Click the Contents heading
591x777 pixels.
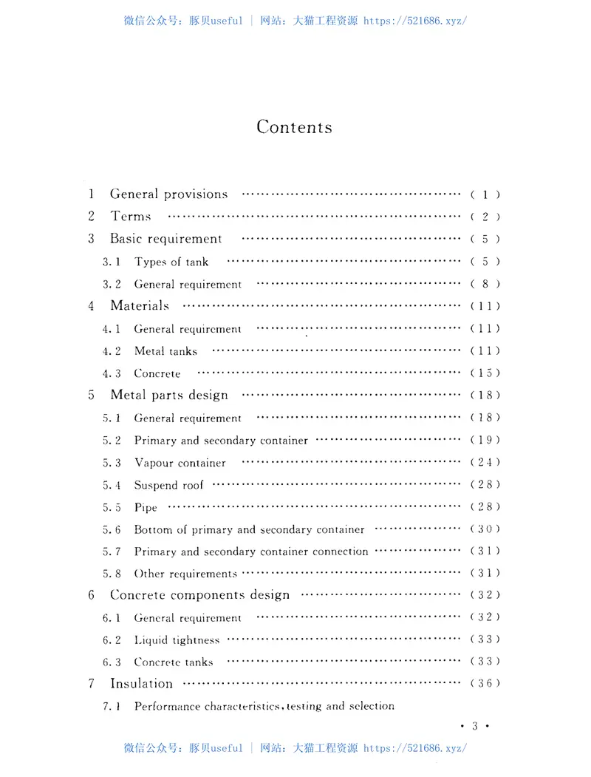[294, 126]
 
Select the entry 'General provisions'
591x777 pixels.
[168, 194]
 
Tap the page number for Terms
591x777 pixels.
[485, 217]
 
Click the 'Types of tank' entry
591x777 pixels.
[171, 262]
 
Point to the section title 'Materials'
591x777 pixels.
[140, 305]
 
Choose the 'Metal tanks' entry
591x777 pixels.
[165, 351]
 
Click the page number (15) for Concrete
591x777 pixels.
[485, 373]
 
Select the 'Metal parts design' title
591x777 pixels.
[169, 395]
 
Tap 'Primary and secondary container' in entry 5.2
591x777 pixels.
[221, 441]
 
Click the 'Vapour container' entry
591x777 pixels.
[180, 463]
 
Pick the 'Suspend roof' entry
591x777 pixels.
[168, 485]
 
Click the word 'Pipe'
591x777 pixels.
[146, 508]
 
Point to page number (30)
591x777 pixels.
[485, 529]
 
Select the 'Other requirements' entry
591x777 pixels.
[185, 574]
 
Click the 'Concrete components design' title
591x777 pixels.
[200, 594]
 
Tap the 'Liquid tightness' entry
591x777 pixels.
[177, 640]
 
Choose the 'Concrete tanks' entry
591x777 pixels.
[174, 662]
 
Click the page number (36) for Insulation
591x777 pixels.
[485, 684]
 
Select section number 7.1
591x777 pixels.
[112, 707]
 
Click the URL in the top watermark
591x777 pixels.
[415, 21]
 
